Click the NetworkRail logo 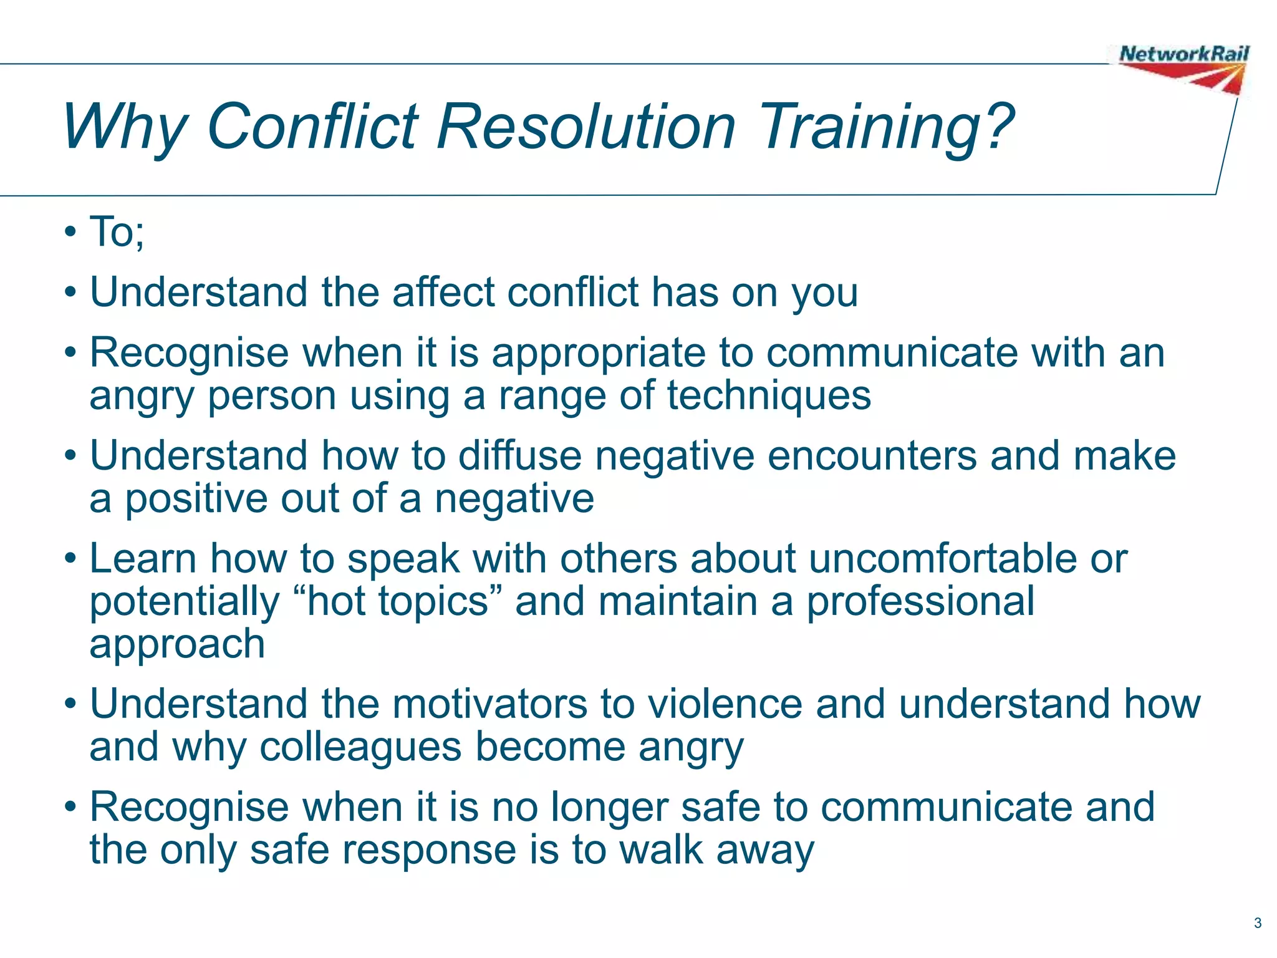(x=1183, y=67)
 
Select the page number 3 (x=1257, y=923)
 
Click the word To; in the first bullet (x=117, y=231)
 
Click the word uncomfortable (x=943, y=558)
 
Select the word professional (x=920, y=602)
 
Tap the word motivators (x=489, y=704)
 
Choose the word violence (x=725, y=704)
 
